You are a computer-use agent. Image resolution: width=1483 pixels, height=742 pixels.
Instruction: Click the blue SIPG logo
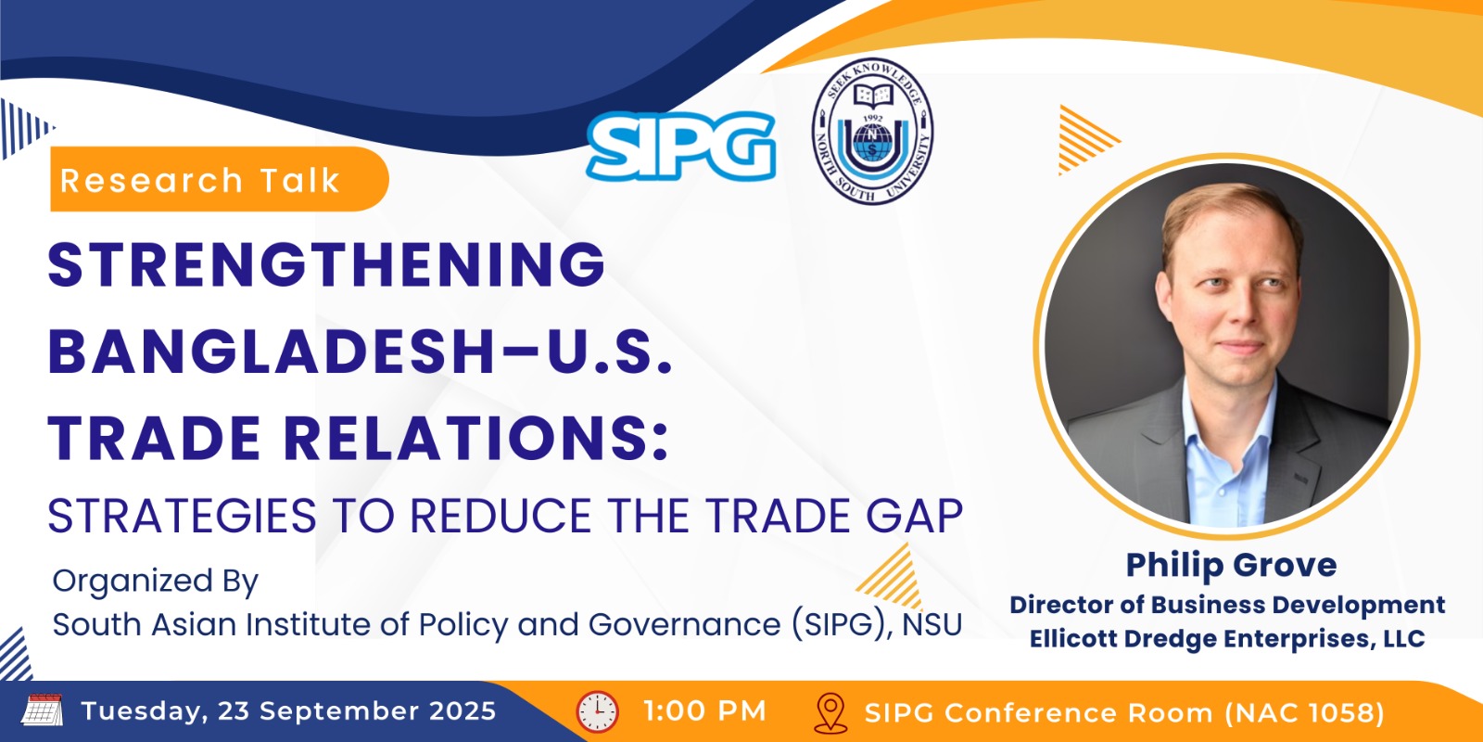(x=680, y=146)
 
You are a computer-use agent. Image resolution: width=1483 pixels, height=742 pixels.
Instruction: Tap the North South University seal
(x=872, y=131)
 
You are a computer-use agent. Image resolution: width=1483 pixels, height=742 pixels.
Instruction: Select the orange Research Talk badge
(x=219, y=179)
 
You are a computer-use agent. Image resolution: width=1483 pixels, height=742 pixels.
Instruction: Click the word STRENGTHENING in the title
(x=326, y=264)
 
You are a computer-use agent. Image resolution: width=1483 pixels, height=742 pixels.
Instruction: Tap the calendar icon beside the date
(x=43, y=710)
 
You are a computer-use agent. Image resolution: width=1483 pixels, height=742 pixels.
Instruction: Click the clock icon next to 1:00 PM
(x=597, y=711)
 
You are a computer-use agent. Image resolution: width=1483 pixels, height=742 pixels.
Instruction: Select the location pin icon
(x=830, y=713)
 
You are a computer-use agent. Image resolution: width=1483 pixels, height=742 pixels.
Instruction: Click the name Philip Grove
(x=1232, y=565)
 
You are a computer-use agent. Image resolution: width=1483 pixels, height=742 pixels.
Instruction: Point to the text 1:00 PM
(x=705, y=711)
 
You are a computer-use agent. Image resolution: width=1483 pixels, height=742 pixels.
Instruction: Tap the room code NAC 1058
(x=1304, y=713)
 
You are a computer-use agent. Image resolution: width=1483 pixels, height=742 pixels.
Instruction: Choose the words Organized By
(x=155, y=582)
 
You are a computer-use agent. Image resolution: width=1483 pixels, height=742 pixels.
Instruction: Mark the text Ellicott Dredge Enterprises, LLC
(x=1227, y=639)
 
